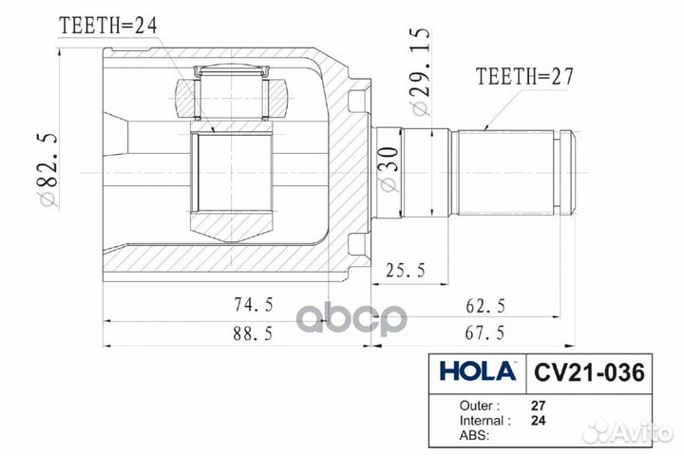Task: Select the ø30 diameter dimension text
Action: point(389,168)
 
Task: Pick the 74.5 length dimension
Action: point(253,305)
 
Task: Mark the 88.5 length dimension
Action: point(253,333)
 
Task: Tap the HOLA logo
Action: point(474,370)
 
